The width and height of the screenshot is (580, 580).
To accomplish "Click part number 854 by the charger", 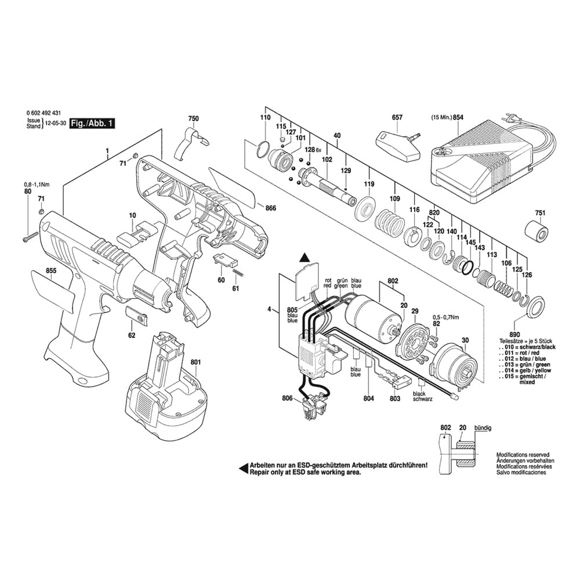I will [x=458, y=117].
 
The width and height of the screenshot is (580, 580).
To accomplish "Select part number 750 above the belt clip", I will [x=193, y=118].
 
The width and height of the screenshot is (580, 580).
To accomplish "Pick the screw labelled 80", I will [x=30, y=237].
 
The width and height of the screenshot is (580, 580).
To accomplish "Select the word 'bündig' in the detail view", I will [x=483, y=427].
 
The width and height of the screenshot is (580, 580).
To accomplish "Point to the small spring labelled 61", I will [x=238, y=273].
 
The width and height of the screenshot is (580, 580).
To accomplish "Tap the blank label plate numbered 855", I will [x=51, y=291].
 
